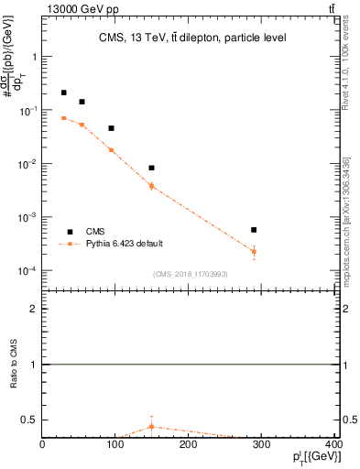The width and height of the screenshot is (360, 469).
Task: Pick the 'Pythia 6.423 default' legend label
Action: [x=125, y=244]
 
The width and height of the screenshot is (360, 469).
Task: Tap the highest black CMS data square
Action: [x=63, y=93]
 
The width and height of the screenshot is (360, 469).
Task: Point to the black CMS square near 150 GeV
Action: [x=151, y=168]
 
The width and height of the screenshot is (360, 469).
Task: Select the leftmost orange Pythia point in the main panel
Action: [x=63, y=118]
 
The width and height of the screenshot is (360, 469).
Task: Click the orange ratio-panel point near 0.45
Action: [x=151, y=426]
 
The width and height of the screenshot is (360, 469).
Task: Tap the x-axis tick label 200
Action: [x=189, y=445]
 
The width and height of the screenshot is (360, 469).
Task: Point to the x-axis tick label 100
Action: [x=115, y=445]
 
